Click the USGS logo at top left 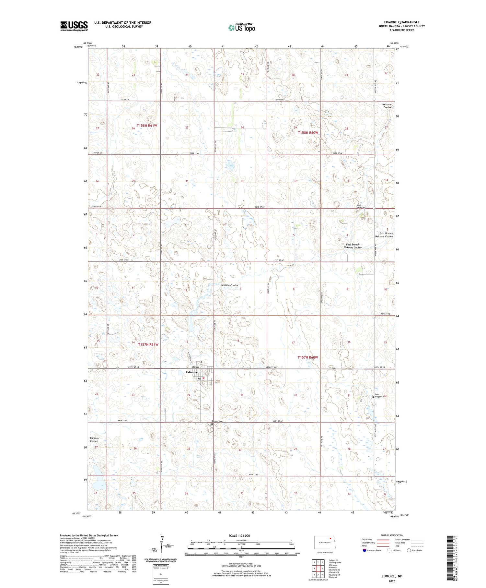click(x=74, y=26)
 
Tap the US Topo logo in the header click(x=241, y=28)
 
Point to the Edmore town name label click(x=192, y=372)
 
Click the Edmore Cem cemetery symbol click(x=212, y=424)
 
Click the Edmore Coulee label click(x=94, y=439)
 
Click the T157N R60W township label click(x=308, y=357)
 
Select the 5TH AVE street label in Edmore click(x=196, y=367)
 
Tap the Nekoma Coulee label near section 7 click(x=229, y=285)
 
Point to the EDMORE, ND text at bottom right click(x=391, y=576)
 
